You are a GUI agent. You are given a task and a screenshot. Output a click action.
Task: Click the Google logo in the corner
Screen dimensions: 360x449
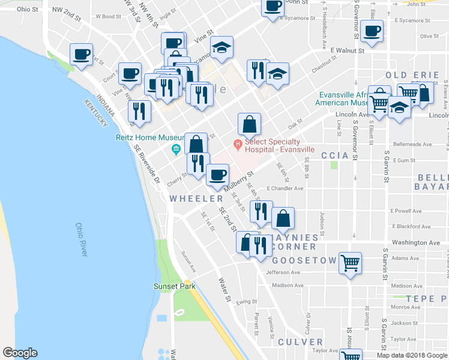20,353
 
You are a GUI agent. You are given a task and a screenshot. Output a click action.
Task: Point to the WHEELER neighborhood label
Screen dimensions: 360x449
196,198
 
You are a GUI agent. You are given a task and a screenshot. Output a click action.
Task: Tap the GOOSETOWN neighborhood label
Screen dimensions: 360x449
303,261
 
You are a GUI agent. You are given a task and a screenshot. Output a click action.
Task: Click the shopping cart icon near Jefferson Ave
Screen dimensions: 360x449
351,263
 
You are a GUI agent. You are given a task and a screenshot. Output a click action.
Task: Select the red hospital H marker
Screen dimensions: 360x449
238,143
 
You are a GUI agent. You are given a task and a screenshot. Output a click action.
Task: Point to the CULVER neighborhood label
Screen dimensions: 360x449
300,342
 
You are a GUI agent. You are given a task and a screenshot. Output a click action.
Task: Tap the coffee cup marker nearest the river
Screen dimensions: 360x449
81,54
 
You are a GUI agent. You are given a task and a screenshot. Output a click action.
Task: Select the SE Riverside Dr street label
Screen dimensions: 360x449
147,166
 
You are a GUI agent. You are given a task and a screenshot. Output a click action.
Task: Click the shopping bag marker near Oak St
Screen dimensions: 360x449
249,124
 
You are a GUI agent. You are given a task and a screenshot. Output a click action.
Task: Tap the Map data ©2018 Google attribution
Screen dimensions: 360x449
411,355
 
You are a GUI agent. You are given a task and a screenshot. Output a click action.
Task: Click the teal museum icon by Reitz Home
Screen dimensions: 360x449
176,149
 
